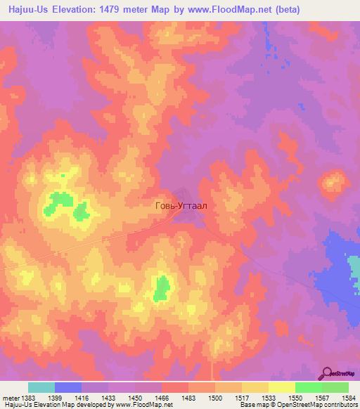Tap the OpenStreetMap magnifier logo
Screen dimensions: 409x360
pos(328,373)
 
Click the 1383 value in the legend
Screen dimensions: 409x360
pos(28,397)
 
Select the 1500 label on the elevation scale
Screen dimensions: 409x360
pos(214,397)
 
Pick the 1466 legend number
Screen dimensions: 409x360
pos(162,397)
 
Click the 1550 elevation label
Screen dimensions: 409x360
pos(295,397)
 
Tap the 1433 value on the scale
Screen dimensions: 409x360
pos(108,397)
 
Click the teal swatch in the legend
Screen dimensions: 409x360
pos(41,387)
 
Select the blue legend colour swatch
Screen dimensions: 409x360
pos(68,387)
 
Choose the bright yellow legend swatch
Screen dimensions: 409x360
pos(281,387)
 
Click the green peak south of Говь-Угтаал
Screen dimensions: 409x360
pos(162,288)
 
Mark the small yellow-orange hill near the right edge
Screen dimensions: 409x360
pos(330,183)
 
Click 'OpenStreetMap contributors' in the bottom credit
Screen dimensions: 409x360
pos(317,405)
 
